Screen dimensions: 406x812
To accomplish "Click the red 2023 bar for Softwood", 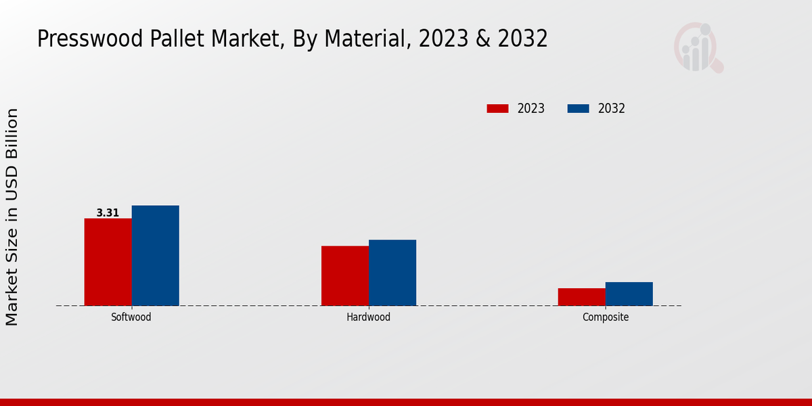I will click(108, 262).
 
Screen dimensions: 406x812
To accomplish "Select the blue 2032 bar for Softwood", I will click(155, 255).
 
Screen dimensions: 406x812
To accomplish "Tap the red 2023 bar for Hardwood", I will click(345, 275).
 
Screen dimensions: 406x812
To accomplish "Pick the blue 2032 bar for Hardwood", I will click(392, 273).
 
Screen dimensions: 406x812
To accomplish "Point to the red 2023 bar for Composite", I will click(581, 296).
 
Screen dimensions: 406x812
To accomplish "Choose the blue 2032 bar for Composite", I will click(629, 294).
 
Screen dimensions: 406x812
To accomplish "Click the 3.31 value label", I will click(108, 212).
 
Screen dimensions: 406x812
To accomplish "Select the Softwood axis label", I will click(131, 317).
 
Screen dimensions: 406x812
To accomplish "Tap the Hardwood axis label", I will click(368, 317).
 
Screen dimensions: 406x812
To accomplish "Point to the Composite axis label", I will click(606, 317).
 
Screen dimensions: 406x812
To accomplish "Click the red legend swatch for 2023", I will click(497, 108).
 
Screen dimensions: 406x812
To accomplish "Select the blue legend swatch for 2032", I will click(578, 108).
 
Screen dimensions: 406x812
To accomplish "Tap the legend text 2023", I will click(531, 108).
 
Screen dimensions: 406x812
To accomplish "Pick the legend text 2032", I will click(612, 108).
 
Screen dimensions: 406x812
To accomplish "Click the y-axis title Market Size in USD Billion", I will click(12, 217).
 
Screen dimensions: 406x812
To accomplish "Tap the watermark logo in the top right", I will click(698, 47).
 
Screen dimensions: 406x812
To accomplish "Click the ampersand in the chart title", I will click(482, 39).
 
